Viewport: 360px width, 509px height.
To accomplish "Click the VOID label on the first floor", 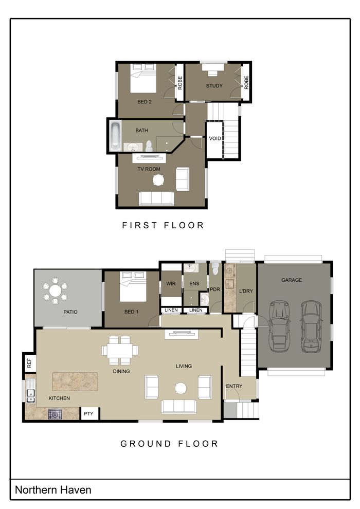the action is click(x=215, y=138).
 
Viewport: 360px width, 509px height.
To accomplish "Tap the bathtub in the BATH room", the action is click(x=115, y=135).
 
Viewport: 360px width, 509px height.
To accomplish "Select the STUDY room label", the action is click(x=214, y=86).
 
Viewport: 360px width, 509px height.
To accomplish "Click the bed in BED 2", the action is click(x=143, y=78).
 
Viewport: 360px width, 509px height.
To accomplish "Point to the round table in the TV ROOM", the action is click(x=158, y=180).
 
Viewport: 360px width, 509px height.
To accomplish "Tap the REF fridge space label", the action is click(x=29, y=362).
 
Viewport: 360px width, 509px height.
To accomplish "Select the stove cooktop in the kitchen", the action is click(x=55, y=414).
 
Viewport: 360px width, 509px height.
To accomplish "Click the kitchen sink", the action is click(x=31, y=391).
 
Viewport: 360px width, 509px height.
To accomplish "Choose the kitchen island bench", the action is click(x=75, y=381).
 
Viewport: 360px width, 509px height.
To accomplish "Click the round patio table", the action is click(x=55, y=291).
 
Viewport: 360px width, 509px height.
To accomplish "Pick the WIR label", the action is click(x=171, y=283).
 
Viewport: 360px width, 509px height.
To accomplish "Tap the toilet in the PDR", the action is click(x=215, y=269).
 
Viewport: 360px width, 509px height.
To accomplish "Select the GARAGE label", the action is click(x=292, y=280).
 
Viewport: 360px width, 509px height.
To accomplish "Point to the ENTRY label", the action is click(x=234, y=386).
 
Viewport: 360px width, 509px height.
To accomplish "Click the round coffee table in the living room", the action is click(x=181, y=388).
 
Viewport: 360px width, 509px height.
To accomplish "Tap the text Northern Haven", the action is click(x=53, y=490).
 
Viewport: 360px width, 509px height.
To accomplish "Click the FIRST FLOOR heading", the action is click(x=163, y=225).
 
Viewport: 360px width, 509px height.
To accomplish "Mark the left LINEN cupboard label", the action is click(x=171, y=310).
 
